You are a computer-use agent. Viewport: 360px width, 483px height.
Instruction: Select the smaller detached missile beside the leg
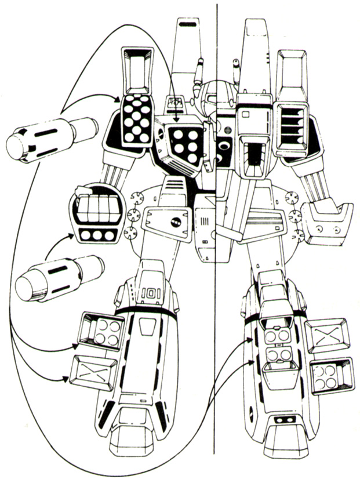click(x=60, y=278)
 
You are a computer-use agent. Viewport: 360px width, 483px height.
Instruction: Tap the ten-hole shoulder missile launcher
click(x=137, y=120)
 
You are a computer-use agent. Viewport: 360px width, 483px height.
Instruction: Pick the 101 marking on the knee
click(x=152, y=294)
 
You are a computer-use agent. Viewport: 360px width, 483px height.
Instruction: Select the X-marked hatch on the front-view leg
click(x=93, y=372)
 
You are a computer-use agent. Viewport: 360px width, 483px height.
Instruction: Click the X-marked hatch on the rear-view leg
click(x=328, y=336)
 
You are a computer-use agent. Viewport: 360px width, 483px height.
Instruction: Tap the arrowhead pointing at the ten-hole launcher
click(x=117, y=99)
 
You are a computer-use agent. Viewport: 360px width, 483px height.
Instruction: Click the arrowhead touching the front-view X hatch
click(x=66, y=379)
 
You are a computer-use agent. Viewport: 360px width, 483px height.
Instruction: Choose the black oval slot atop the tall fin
click(x=187, y=24)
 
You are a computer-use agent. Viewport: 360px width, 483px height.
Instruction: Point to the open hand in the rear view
click(x=327, y=221)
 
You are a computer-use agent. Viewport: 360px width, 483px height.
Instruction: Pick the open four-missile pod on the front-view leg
click(x=100, y=332)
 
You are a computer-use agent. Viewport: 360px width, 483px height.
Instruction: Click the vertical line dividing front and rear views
click(x=216, y=228)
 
